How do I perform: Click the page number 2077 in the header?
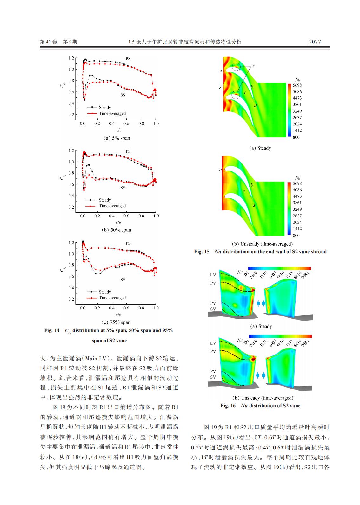pos(315,42)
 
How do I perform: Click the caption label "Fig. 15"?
pos(202,252)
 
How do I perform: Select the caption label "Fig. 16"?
pos(228,406)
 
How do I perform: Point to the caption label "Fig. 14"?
pos(52,330)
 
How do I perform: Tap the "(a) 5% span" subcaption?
pos(117,138)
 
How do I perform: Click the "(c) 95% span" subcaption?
pos(117,322)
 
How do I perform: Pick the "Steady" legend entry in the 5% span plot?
pos(104,107)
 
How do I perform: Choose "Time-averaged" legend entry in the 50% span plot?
pos(112,206)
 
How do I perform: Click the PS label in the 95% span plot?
pos(128,243)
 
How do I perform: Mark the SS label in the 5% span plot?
pos(123,95)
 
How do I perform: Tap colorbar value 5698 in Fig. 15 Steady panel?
pos(297,85)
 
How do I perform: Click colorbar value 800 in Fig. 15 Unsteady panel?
pos(296,235)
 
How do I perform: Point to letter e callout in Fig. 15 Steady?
pos(253,66)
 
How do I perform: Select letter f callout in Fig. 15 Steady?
pos(220,86)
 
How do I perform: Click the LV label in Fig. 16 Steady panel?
pos(213,275)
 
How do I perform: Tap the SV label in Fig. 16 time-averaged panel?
pos(213,377)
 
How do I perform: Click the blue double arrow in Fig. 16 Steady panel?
pos(261,303)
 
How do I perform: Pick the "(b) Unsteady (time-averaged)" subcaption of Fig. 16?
pos(263,398)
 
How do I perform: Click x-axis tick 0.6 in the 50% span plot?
pos(126,216)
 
